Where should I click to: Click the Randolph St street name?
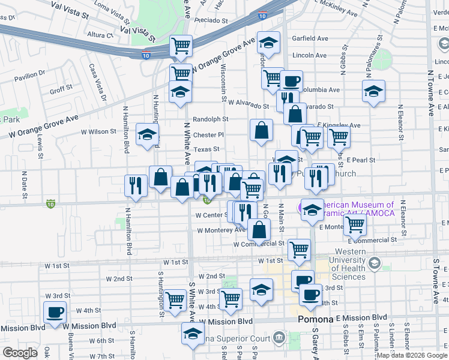point(211,119)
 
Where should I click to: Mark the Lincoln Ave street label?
point(308,55)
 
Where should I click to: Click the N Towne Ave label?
point(430,93)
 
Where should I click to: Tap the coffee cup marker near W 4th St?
point(55,313)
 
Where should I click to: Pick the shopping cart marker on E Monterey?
point(355,225)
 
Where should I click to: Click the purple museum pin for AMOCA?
point(302,208)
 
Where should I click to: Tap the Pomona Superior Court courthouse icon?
point(278,337)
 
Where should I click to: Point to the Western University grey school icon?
point(375,263)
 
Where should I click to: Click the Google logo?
point(20,353)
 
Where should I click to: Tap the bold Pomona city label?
point(315,320)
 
